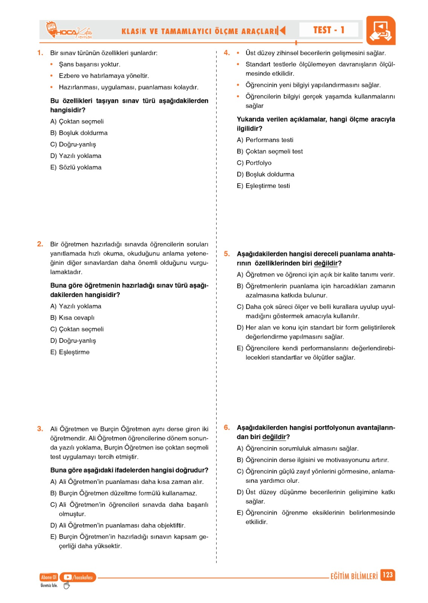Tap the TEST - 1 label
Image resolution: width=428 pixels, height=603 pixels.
coord(329,30)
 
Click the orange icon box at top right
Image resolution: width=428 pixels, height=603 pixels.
coord(381,31)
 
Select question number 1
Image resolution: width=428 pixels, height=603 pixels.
coord(40,53)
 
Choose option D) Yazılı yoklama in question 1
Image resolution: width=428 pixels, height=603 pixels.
coord(76,156)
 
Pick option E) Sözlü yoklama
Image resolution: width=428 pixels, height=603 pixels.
coord(76,167)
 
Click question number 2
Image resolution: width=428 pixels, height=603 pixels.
coord(40,244)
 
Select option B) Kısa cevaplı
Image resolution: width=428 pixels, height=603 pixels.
coord(72,318)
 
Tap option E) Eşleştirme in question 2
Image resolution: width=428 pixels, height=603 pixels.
coord(70,352)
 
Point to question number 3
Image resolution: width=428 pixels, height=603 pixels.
coord(40,429)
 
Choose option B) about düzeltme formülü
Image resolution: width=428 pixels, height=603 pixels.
coord(124,493)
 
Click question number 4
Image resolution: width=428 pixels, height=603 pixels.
coord(226,53)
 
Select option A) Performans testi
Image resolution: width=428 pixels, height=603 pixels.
coord(265,140)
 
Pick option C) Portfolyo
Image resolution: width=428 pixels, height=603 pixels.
coord(254,163)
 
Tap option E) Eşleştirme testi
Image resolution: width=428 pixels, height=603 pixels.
coord(263,186)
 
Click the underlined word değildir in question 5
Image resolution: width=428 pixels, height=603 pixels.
coord(326,263)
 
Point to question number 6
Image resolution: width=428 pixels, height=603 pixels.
coord(226,427)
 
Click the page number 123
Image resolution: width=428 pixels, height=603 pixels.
coord(387,575)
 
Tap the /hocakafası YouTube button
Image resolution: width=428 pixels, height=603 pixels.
coord(78,577)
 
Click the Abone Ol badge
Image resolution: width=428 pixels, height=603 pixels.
coord(49,577)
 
